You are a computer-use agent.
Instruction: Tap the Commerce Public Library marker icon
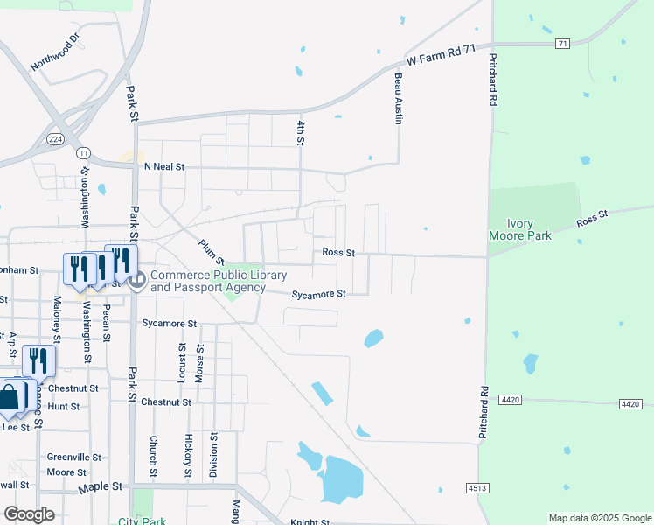137,280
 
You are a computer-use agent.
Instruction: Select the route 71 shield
562,43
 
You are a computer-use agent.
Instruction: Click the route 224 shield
56,138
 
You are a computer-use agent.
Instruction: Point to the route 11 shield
83,152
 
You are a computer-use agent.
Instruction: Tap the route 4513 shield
477,487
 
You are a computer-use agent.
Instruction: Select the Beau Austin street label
398,98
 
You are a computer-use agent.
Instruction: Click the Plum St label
212,252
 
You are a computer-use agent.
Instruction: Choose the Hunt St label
64,407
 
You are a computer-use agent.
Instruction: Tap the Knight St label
310,522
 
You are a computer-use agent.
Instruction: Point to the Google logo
29,514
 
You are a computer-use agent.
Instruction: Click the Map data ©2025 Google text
599,518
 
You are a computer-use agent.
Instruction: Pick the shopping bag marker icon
9,397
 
